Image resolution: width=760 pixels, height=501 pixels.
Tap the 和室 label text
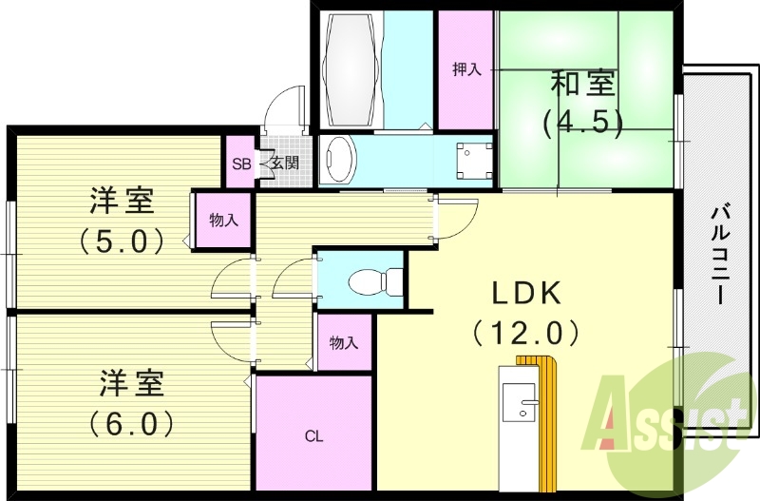pos(581,86)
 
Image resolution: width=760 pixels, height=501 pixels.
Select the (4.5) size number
pos(581,121)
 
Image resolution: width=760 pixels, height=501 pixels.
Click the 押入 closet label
pos(466,69)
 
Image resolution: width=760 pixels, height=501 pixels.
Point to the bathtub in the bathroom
pos(352,67)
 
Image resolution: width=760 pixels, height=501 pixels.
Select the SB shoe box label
pos(241,164)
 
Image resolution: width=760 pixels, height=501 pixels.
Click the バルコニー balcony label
pos(721,253)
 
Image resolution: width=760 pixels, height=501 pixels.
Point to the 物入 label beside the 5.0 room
pos(223,221)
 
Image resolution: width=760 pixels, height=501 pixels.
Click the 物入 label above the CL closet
pos(343,343)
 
